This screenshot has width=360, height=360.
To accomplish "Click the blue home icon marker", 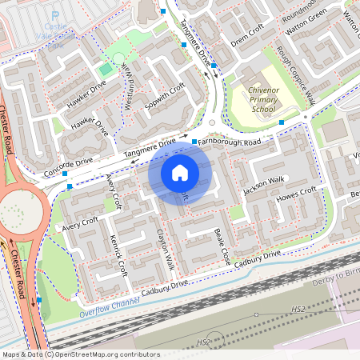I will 180,172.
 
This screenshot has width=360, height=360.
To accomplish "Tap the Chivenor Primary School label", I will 262,99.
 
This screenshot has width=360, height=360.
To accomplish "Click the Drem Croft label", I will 246,36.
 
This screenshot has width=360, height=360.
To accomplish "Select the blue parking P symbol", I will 55,14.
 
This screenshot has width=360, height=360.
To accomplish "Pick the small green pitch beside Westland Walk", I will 106,70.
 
